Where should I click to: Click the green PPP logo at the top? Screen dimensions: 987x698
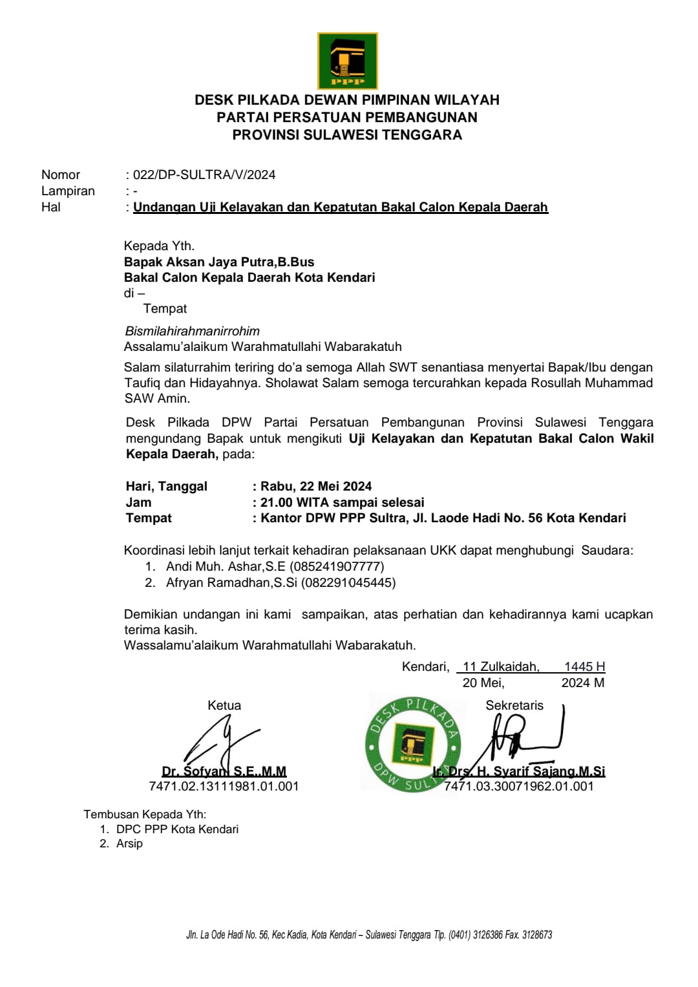[347, 61]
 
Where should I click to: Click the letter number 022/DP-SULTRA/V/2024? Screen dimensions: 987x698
[204, 175]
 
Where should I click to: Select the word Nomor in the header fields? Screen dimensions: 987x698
[61, 175]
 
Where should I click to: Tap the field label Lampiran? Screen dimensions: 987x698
[68, 191]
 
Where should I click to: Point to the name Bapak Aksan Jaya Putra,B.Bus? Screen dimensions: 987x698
[219, 262]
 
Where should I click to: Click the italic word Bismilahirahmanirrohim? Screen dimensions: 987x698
[193, 331]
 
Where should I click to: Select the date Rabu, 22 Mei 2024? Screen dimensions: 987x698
[316, 486]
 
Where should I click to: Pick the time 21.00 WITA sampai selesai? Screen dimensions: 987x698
[342, 502]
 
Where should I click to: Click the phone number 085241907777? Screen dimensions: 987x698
[337, 566]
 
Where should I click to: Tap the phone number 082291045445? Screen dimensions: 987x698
[348, 582]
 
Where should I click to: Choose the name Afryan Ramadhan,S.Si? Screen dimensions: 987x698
[231, 582]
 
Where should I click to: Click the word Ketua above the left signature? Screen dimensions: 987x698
[224, 705]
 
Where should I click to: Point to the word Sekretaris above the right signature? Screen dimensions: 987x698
[514, 705]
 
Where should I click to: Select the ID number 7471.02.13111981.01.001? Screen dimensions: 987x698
[224, 786]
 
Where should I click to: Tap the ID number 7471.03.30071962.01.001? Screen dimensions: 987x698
[518, 786]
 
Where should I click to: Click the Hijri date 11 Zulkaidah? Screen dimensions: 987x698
[501, 666]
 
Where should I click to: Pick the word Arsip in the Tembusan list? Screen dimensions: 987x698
[129, 844]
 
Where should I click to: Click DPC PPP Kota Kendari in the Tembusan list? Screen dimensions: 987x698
[177, 829]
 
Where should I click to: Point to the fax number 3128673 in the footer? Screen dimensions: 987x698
[536, 935]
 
